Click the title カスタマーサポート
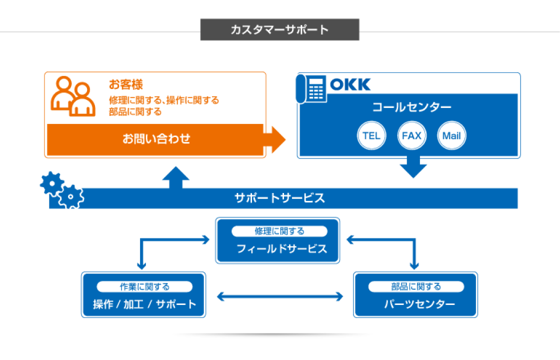279,29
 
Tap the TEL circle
371,135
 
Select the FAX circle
411,135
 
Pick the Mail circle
451,135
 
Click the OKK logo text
350,84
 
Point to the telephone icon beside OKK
311,89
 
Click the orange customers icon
73,96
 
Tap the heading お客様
125,84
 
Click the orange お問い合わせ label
156,138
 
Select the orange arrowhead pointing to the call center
276,139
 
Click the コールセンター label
411,107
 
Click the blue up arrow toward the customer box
175,177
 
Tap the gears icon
62,189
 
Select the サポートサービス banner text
279,198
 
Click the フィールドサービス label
282,248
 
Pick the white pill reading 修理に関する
279,231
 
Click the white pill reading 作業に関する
144,286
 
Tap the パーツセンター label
419,304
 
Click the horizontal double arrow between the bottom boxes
280,296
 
